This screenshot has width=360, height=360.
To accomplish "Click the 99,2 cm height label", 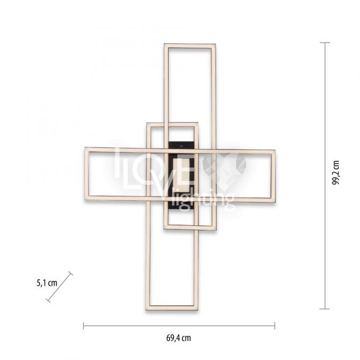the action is [x=336, y=173].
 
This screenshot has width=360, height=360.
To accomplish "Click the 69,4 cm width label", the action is [x=178, y=338].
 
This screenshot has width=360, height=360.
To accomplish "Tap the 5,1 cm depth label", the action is [x=47, y=283].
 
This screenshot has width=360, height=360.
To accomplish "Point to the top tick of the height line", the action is [x=325, y=43].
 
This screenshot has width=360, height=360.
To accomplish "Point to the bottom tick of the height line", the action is [x=325, y=309].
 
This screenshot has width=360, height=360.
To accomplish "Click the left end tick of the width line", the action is [x=84, y=325].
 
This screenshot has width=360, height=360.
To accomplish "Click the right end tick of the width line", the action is [x=275, y=325].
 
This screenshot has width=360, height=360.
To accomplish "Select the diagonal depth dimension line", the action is [x=59, y=287].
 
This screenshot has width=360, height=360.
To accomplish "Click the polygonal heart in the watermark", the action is [x=224, y=169].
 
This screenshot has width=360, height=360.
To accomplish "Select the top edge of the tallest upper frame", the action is [x=190, y=46].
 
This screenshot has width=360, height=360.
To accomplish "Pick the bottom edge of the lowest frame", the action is [x=172, y=308].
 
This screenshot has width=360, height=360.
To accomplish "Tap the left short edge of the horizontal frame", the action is [x=87, y=174].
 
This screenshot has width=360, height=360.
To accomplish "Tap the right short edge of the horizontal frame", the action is [x=273, y=177].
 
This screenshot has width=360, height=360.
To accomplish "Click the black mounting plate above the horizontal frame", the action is [x=182, y=145].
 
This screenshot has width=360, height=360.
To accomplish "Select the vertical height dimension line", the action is [x=325, y=176].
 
